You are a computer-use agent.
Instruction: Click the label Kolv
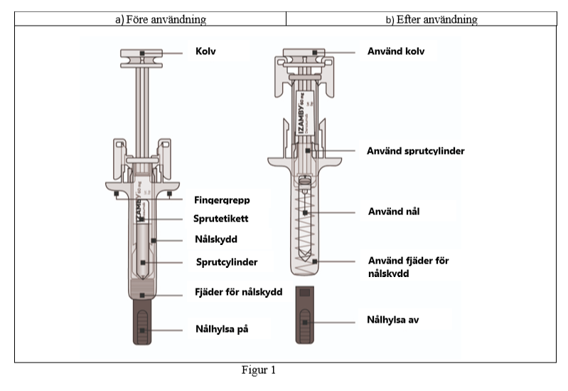tap(206, 52)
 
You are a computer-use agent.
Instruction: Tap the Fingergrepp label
tap(222, 202)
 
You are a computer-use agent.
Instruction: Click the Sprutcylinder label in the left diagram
tap(227, 262)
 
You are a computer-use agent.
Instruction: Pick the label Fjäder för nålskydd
tap(239, 293)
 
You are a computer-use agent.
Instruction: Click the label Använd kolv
tap(396, 51)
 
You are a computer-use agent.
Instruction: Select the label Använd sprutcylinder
tap(415, 151)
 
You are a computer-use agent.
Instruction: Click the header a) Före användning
tap(161, 19)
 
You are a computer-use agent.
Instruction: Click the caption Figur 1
tap(258, 371)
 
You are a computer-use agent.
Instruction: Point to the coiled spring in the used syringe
tap(305, 228)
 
